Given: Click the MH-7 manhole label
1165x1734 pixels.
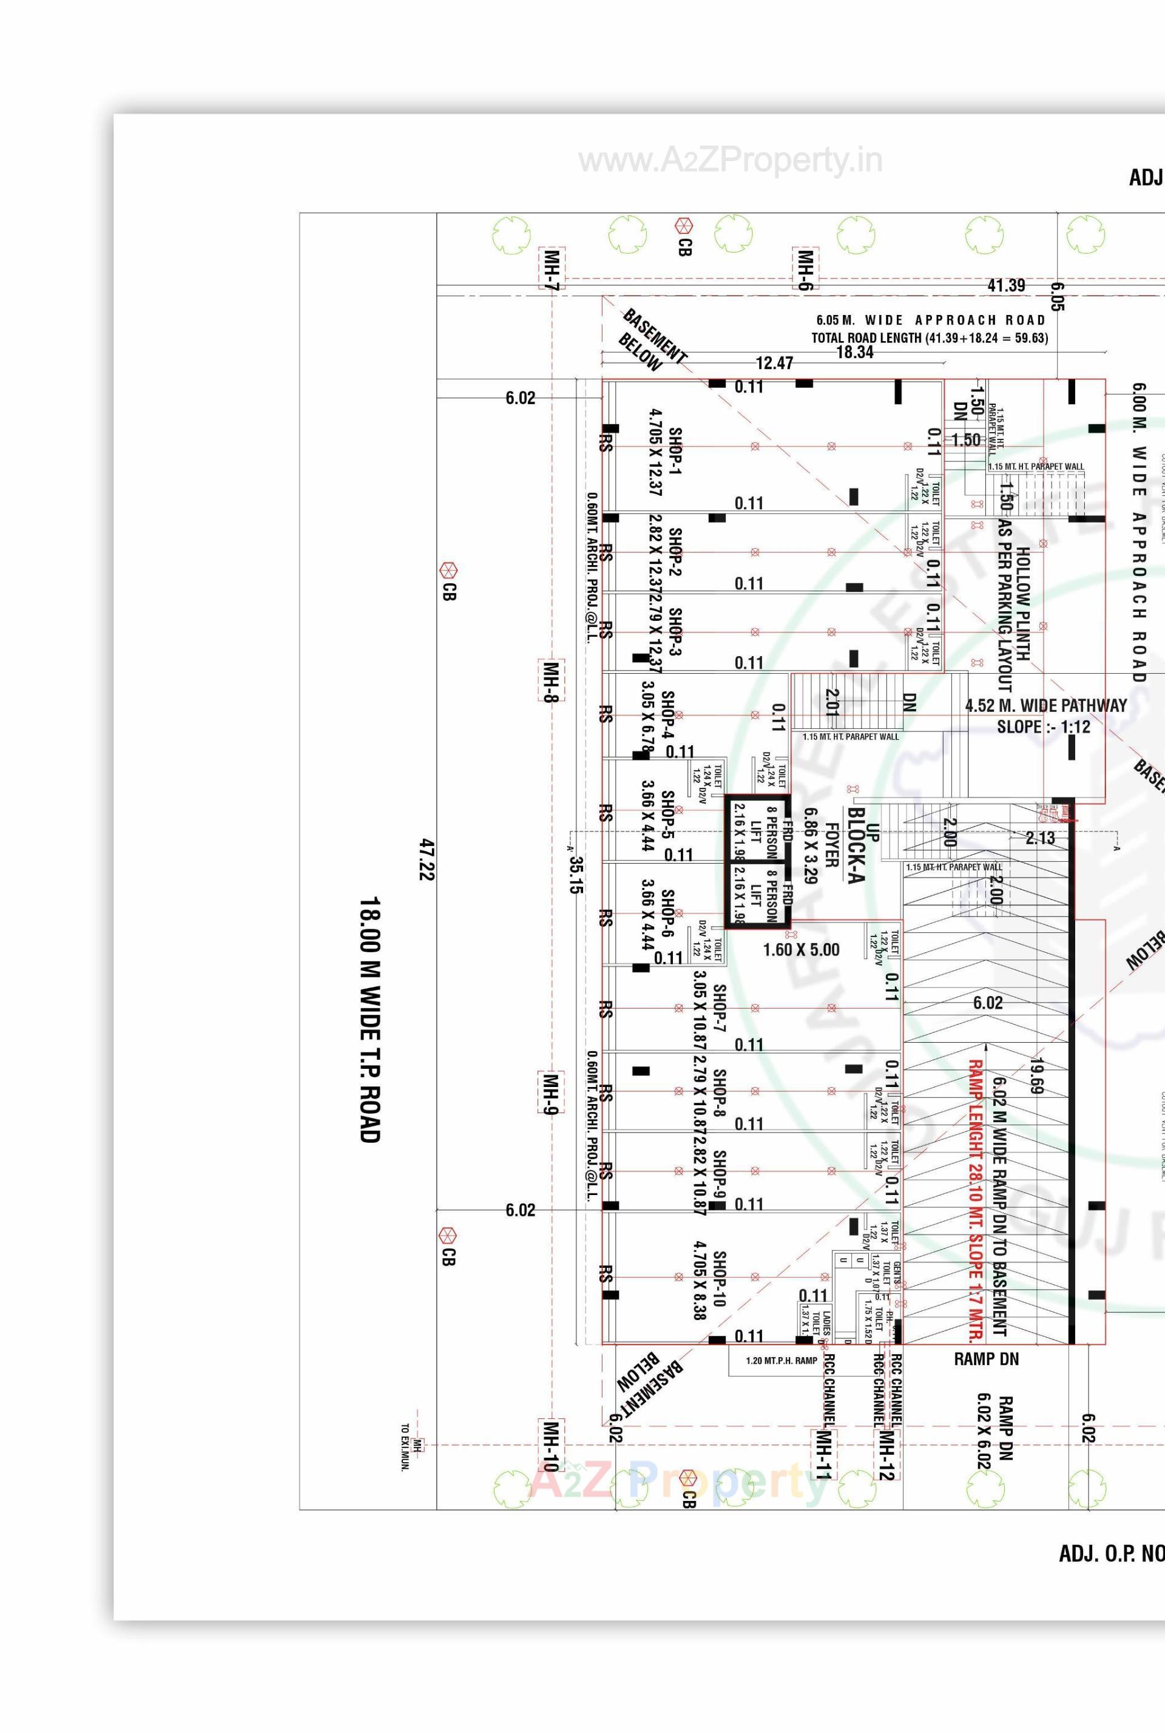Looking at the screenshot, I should point(552,268).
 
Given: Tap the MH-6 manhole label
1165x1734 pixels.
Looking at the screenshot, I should point(805,268).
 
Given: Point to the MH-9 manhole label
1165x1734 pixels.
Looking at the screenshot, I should point(550,1092).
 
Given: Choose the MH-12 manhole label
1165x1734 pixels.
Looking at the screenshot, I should point(886,1455).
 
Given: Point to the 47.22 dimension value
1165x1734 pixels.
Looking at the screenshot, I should point(427,860).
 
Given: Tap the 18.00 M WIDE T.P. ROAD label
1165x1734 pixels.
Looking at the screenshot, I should point(370,1020).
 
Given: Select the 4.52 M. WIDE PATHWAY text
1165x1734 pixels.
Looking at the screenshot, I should point(1045,705).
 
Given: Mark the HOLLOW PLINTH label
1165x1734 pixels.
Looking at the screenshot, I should point(1023,603).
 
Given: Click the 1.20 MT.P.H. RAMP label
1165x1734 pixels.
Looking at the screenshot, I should point(781,1361).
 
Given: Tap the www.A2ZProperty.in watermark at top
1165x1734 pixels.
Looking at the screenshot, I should point(731,161).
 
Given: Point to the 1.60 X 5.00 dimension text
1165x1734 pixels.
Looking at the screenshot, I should point(801,950).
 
